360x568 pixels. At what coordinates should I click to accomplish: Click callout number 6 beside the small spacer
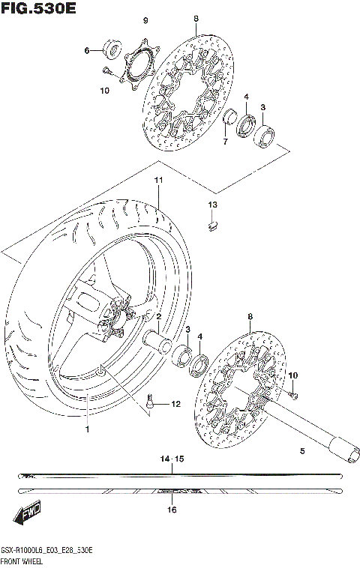pyautogui.click(x=87, y=50)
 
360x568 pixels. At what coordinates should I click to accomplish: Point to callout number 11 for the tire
pyautogui.click(x=158, y=181)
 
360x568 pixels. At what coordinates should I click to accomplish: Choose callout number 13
pyautogui.click(x=212, y=205)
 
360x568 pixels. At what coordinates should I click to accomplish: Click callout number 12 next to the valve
pyautogui.click(x=175, y=405)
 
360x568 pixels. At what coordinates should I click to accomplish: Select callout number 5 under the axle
pyautogui.click(x=302, y=451)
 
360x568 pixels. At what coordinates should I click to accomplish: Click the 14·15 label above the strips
pyautogui.click(x=172, y=457)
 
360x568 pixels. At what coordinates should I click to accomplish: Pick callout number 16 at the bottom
pyautogui.click(x=172, y=510)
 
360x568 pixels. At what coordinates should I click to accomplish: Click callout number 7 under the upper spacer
pyautogui.click(x=223, y=142)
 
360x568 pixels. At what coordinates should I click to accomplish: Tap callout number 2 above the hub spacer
pyautogui.click(x=159, y=317)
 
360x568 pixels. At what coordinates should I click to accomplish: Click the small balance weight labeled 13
pyautogui.click(x=212, y=221)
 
